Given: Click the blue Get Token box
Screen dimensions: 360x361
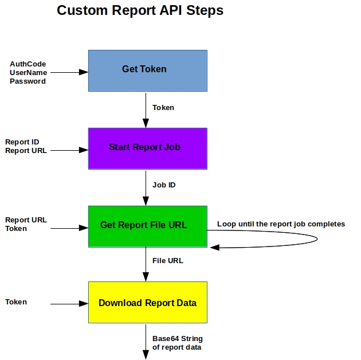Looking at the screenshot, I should [147, 71].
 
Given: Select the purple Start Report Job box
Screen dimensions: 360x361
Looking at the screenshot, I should [147, 148].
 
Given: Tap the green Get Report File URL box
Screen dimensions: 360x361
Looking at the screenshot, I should [147, 226].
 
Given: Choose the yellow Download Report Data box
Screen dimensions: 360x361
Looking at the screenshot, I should [147, 302].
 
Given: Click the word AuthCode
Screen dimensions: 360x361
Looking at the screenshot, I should [28, 64].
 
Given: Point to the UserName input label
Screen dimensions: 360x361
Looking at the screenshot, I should [28, 72].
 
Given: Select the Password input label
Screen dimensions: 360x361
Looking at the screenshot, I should [28, 81].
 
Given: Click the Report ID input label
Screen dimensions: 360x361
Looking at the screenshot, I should [22, 142].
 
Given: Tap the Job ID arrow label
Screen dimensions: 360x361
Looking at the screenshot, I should [163, 185].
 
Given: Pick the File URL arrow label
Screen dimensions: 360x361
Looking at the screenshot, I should [167, 261].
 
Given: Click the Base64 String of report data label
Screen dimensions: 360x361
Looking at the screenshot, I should [177, 343].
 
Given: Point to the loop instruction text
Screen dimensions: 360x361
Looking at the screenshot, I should [281, 224].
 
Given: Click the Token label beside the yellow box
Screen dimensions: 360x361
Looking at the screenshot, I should [16, 302].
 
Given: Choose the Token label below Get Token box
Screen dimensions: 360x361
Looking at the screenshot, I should [163, 107].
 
